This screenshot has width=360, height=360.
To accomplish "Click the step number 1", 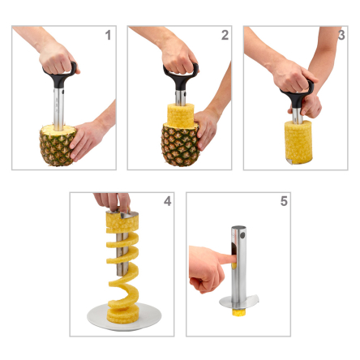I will tap(108, 36).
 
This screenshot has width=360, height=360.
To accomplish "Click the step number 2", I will tap(225, 36).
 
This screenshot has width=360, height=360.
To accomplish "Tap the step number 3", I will tap(341, 36).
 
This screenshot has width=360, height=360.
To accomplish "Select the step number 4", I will tap(167, 201).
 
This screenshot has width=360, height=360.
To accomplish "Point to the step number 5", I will tap(284, 201).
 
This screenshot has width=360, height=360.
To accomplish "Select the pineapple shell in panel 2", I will tap(177, 146).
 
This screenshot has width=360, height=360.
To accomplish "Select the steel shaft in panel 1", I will tap(59, 109).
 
